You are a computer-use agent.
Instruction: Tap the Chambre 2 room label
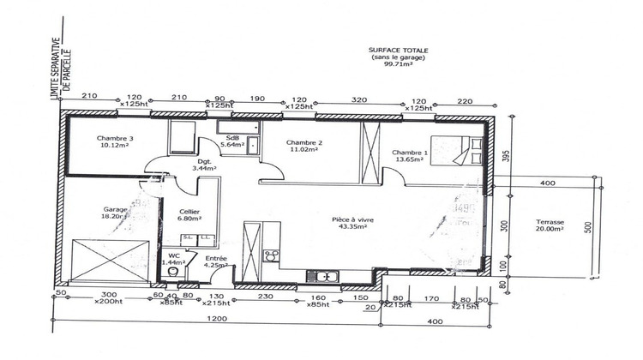pyautogui.click(x=304, y=142)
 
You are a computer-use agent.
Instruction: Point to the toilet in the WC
pyautogui.click(x=173, y=273)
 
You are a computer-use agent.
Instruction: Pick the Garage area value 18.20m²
pyautogui.click(x=115, y=217)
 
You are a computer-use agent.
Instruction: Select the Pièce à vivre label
pyautogui.click(x=350, y=219)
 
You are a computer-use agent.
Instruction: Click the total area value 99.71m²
pyautogui.click(x=399, y=63)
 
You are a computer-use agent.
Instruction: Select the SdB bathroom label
pyautogui.click(x=232, y=138)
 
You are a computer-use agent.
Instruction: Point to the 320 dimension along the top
pyautogui.click(x=359, y=99)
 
